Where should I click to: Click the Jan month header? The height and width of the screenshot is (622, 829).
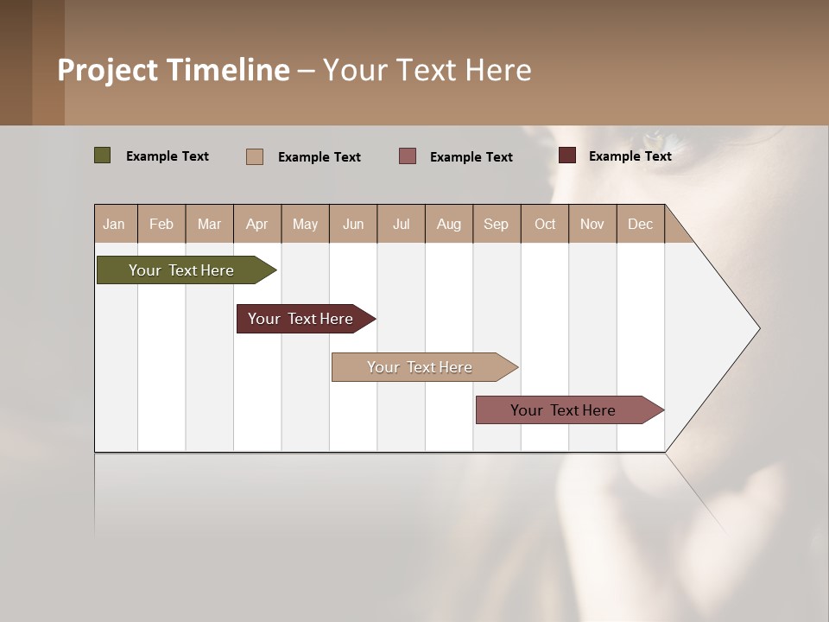point(115,224)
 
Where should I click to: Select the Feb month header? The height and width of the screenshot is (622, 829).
point(161,224)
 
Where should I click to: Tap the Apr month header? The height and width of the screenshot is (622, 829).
point(257,224)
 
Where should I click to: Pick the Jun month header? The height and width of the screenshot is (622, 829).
point(353,224)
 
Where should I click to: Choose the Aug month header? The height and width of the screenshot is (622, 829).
point(449,224)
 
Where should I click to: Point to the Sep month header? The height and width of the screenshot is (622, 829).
point(497,224)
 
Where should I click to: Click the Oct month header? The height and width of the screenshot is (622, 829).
point(545,224)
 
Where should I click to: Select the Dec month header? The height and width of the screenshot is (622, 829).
point(641,224)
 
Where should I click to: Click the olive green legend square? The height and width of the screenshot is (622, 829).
point(103,155)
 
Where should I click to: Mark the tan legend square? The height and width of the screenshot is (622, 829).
point(255,156)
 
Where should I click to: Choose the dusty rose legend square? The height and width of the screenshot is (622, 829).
point(408,156)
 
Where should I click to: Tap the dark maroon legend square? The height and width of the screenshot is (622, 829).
point(567,155)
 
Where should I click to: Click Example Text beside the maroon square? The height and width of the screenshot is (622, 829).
point(630,155)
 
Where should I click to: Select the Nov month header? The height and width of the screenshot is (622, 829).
point(592,224)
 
